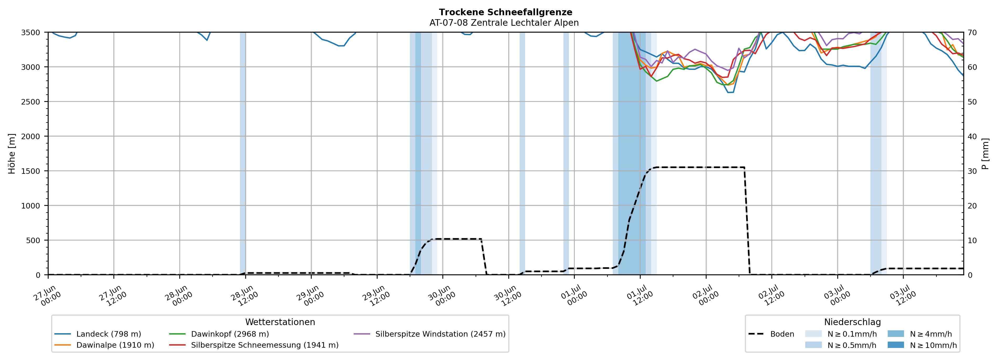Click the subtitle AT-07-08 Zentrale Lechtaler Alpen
[x=504, y=23]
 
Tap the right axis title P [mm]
[x=985, y=153]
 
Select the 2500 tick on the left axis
[x=31, y=102]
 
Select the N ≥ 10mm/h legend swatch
[x=896, y=345]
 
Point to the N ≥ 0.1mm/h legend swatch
[x=813, y=334]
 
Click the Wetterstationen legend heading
[x=280, y=322]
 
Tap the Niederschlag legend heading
[x=852, y=322]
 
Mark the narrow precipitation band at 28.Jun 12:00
[x=243, y=153]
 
